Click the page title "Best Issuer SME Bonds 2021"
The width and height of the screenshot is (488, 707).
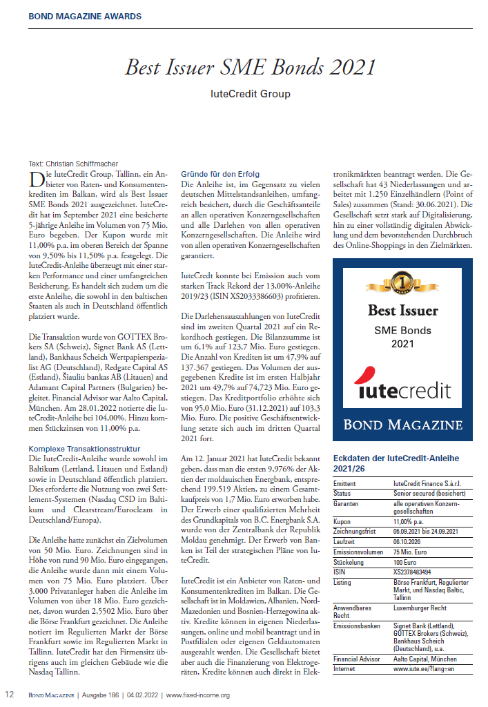(251, 67)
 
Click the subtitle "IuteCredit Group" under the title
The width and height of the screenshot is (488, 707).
(251, 94)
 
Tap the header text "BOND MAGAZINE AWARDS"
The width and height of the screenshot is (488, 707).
(86, 16)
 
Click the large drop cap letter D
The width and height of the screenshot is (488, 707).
(36, 180)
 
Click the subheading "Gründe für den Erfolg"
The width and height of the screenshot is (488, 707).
(219, 173)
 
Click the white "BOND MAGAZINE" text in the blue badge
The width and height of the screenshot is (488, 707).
(403, 423)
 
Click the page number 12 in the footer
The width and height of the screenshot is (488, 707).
(10, 695)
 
